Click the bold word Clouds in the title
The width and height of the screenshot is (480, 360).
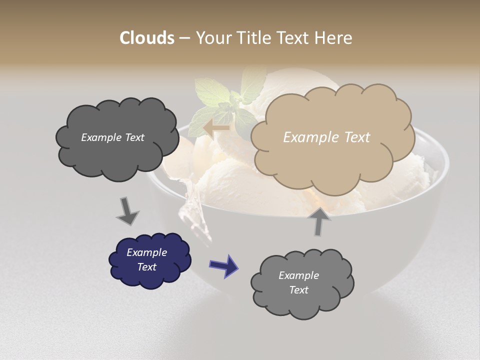pos(146,38)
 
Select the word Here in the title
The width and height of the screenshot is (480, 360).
pos(335,38)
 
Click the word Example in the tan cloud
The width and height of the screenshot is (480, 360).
pos(308,137)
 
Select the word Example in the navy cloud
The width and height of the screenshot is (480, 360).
pos(146,252)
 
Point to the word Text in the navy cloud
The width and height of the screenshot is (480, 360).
pos(146,267)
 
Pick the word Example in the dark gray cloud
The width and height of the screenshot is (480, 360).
pos(100,137)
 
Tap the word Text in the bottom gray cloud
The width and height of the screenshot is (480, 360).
pos(298,290)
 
